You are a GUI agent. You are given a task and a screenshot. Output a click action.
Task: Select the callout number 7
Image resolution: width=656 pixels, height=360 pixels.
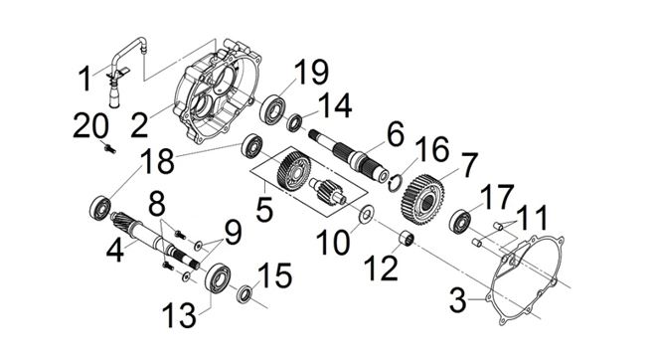point(468,165)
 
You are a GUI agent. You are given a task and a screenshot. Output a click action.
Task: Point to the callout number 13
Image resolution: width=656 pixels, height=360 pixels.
point(179,315)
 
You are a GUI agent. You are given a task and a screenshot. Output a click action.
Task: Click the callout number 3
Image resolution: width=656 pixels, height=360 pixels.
point(457,299)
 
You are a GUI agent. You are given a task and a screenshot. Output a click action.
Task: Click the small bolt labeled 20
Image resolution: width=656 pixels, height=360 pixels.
point(110,148)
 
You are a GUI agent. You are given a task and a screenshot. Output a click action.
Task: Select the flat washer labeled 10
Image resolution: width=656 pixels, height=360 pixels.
point(367,215)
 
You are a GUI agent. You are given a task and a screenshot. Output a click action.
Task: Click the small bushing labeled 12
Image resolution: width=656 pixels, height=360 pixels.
point(406,239)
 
